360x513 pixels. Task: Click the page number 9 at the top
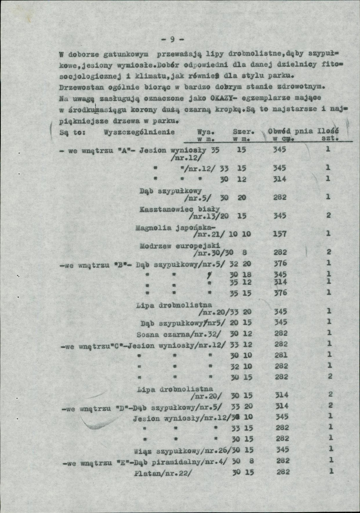click(x=172, y=40)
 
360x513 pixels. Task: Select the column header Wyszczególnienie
click(x=139, y=132)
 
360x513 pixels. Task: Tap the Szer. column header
click(x=242, y=132)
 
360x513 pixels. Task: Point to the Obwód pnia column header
click(x=291, y=131)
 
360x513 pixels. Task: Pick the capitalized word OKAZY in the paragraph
click(x=218, y=98)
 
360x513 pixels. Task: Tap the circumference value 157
click(x=279, y=234)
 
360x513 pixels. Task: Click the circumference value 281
click(x=281, y=355)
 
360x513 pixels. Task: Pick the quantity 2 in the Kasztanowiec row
click(x=328, y=216)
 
